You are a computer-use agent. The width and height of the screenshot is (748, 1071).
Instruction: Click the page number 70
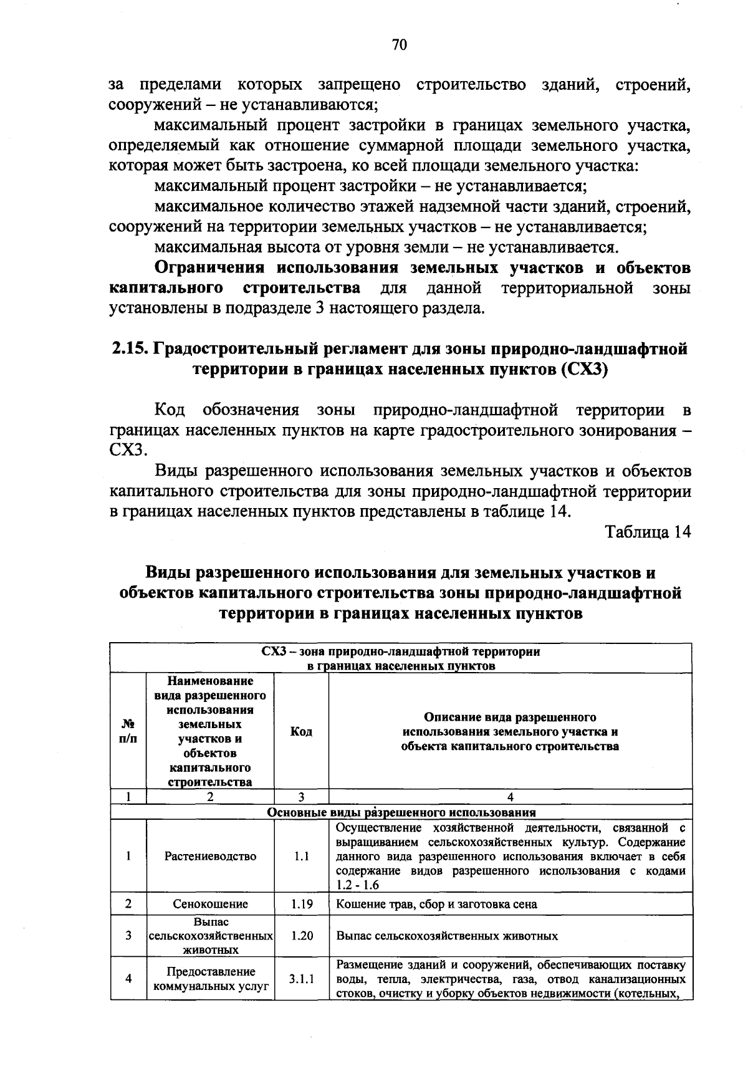pyautogui.click(x=400, y=45)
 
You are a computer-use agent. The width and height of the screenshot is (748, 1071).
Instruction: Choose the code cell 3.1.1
pyautogui.click(x=301, y=979)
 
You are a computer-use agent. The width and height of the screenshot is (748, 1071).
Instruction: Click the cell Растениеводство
pyautogui.click(x=210, y=857)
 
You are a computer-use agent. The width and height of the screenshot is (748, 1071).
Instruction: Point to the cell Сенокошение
pyautogui.click(x=210, y=904)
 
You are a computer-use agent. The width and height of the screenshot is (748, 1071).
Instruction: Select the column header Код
pyautogui.click(x=301, y=731)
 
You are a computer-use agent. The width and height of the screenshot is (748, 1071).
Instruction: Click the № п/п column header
pyautogui.click(x=128, y=731)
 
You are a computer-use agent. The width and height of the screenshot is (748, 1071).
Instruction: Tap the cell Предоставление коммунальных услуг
pyautogui.click(x=210, y=979)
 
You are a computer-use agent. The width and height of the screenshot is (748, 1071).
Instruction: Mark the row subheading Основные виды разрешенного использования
pyautogui.click(x=401, y=812)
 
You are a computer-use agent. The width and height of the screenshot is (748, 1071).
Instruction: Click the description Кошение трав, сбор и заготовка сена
pyautogui.click(x=436, y=904)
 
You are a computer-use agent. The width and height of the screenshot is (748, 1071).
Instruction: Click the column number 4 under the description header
pyautogui.click(x=510, y=797)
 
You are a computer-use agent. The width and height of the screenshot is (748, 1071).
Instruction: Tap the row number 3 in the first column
pyautogui.click(x=128, y=936)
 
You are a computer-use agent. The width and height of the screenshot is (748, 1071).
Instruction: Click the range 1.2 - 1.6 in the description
pyautogui.click(x=357, y=885)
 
